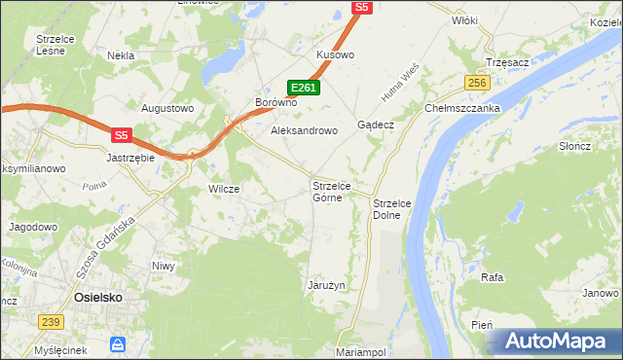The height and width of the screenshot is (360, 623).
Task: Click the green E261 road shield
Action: point(304,88)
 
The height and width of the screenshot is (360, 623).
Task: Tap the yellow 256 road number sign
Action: point(476,84)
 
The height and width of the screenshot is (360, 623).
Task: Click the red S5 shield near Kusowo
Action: point(362,7)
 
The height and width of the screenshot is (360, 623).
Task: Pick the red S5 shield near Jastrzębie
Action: point(121,136)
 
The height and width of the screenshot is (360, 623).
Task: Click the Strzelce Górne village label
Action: point(338,192)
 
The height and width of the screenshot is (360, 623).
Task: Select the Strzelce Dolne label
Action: point(394,208)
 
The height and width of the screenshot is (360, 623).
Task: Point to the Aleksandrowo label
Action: point(303,130)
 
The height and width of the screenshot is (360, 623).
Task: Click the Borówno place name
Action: point(275,102)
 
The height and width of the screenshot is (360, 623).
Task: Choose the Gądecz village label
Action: point(375,126)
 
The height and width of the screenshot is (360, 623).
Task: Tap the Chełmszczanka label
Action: point(461,108)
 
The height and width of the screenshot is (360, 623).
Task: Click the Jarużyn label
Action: point(327,285)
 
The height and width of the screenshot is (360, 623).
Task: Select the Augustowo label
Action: point(168,108)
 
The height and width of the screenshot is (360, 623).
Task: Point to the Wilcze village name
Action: point(224,189)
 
